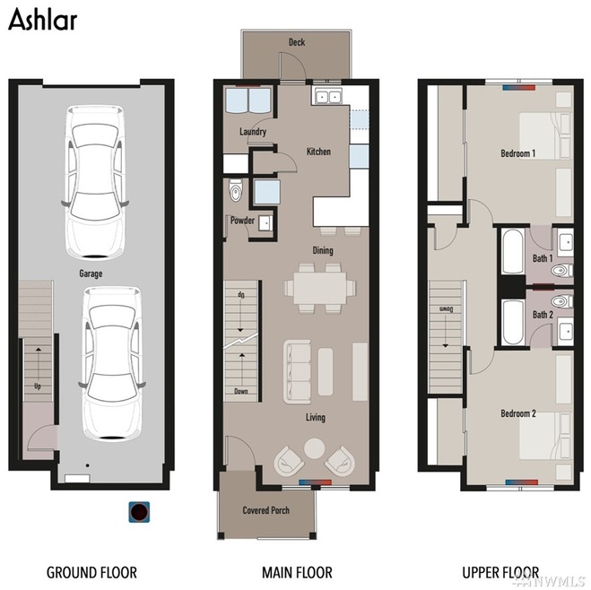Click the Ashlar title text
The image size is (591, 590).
[42, 20]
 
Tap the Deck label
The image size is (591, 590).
[297, 42]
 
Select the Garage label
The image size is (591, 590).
[91, 273]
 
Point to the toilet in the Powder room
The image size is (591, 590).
[236, 191]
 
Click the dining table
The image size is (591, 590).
[319, 288]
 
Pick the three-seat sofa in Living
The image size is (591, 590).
[298, 371]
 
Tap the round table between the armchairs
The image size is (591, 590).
[315, 448]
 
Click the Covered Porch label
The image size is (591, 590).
[266, 510]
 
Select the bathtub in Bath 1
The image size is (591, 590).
[513, 251]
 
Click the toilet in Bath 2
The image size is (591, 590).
[561, 301]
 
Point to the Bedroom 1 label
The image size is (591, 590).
[517, 153]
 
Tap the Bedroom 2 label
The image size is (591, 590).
[518, 413]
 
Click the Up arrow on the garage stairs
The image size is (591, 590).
[39, 366]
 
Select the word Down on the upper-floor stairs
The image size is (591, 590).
[446, 309]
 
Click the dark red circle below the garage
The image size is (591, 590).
[140, 512]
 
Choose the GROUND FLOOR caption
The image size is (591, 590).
[91, 572]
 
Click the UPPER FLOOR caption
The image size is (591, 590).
[500, 572]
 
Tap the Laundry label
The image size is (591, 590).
[253, 132]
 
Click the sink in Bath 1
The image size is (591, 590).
[565, 240]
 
